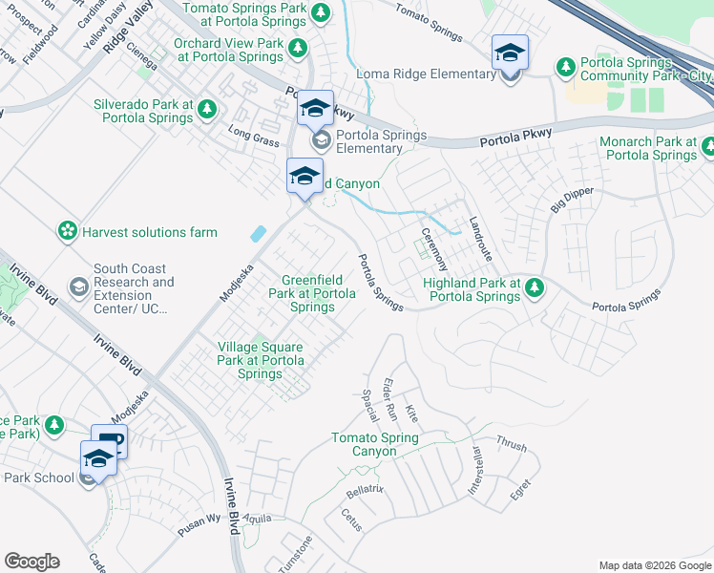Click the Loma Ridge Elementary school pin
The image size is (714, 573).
510,53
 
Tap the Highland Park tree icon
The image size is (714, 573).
535,286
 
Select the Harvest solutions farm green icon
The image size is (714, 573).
67,231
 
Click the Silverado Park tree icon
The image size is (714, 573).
207,113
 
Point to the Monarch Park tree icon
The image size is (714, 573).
708,147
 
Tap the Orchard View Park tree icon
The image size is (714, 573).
298,48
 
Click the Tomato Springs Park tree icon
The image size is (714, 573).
322,12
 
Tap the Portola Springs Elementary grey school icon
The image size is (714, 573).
321,141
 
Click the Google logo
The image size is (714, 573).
31,562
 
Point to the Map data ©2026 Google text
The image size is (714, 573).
654,564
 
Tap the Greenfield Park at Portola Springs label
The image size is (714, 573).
312,293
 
